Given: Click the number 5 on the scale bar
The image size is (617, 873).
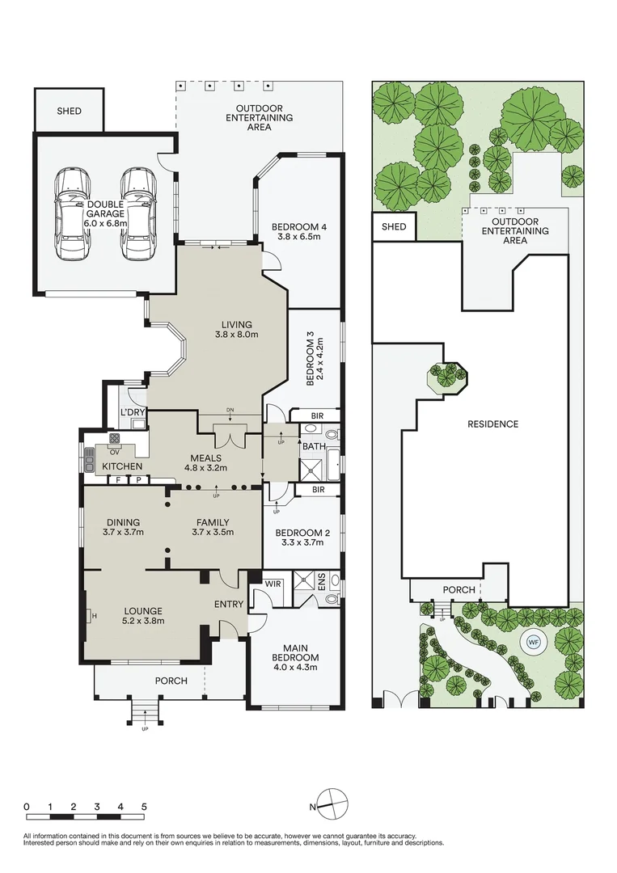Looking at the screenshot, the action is coord(144,807).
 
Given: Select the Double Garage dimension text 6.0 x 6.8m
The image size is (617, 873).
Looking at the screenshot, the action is coord(106,223).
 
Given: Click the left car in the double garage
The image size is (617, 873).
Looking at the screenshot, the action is coord(73,213).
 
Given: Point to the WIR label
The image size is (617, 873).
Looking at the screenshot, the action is coord(273,584).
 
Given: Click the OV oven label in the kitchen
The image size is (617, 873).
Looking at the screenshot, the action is coord(115,452).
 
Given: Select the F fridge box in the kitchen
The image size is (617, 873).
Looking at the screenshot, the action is coord(117,480).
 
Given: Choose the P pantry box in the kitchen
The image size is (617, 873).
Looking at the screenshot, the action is coord(137,480).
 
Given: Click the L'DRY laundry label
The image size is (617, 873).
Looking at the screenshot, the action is coord(133,412).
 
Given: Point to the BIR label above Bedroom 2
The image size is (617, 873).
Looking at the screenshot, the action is coord(318,490).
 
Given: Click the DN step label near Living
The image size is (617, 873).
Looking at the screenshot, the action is coord(230,411).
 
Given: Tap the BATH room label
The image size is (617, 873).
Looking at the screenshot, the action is coord(314,446).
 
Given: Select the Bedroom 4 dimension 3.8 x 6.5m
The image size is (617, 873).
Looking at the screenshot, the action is coord(298,237).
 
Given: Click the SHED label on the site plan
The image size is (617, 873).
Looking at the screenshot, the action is coord(394,226).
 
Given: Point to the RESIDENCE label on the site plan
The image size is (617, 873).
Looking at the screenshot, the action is coord(492,424).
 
